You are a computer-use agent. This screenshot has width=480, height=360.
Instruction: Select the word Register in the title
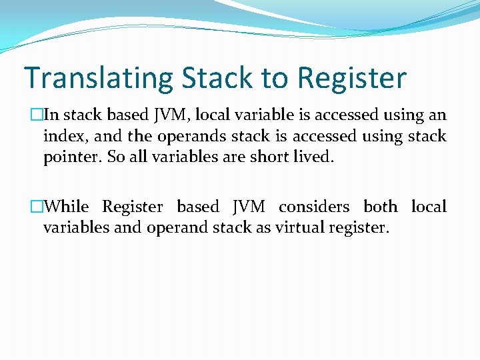(351, 79)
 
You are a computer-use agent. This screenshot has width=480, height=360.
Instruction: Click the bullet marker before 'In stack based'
(37, 115)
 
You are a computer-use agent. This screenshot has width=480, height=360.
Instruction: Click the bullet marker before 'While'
(37, 207)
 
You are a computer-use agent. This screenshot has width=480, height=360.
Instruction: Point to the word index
(61, 137)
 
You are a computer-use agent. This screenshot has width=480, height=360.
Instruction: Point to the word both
(380, 207)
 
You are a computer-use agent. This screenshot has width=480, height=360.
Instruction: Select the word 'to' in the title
(275, 79)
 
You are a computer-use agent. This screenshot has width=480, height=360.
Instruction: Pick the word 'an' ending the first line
(437, 115)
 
